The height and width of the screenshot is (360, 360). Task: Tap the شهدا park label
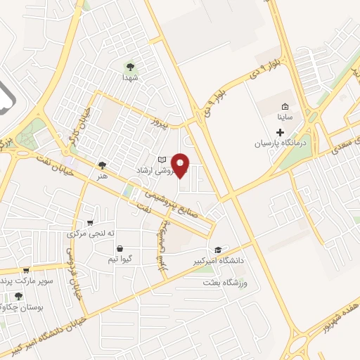coord(129,77)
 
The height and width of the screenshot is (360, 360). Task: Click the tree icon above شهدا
coord(129,67)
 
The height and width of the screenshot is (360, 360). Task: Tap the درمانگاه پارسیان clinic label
coord(281,143)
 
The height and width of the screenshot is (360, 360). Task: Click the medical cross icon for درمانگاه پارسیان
coord(281,132)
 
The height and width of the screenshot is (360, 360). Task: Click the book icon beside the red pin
coord(161,160)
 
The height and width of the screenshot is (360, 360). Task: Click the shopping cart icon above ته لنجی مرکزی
coord(89,223)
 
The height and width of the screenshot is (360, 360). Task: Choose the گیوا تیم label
coord(121,259)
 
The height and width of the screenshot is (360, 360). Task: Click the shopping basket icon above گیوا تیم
coord(121,248)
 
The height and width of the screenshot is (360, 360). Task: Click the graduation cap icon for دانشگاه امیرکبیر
coord(218,250)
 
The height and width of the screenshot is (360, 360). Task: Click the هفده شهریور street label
coord(331,310)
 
